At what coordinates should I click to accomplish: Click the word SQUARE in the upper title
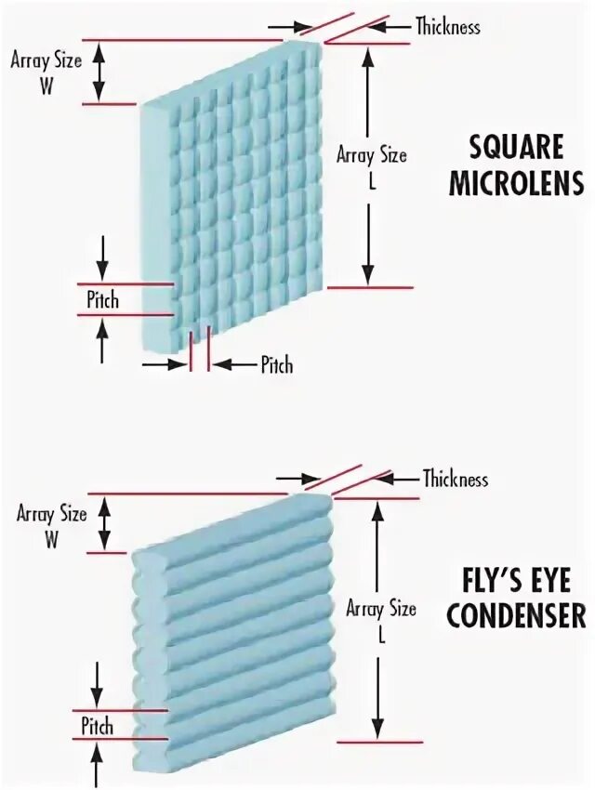pyautogui.click(x=517, y=147)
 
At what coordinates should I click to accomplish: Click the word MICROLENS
pyautogui.click(x=517, y=184)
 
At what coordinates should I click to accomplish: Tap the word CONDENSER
pyautogui.click(x=516, y=616)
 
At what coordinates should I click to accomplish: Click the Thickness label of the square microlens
pyautogui.click(x=448, y=26)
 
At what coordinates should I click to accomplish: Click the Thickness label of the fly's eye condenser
pyautogui.click(x=455, y=480)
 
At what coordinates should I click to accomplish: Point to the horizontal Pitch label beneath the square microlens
pyautogui.click(x=276, y=364)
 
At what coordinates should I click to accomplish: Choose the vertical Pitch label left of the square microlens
pyautogui.click(x=102, y=300)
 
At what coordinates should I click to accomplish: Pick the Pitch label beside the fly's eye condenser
pyautogui.click(x=97, y=726)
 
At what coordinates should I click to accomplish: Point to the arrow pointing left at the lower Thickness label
pyautogui.click(x=398, y=479)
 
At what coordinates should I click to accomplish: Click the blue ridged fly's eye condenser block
pyautogui.click(x=232, y=632)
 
